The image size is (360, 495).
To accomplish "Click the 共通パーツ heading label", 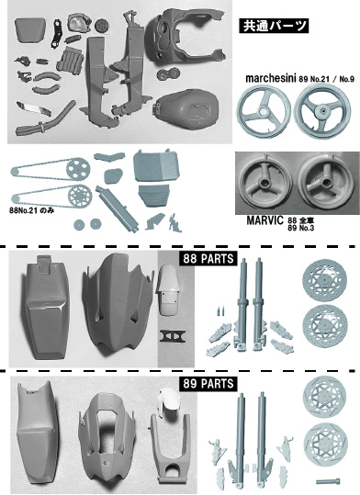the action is (x=274, y=26).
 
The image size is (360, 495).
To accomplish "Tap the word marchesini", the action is (x=271, y=78).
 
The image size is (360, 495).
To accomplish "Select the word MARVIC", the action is (x=264, y=220).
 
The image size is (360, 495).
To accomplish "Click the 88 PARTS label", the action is (x=208, y=259).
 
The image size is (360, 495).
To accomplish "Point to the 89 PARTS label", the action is (x=208, y=384).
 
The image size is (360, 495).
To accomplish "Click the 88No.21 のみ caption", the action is (x=31, y=210).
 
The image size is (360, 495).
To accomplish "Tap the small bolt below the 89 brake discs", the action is (x=329, y=481).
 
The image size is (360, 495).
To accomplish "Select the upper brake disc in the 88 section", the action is (x=324, y=280).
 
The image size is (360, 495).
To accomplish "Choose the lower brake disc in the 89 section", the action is (x=326, y=444).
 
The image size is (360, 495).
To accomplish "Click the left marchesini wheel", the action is (x=264, y=111).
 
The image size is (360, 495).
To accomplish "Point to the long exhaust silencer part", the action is (x=118, y=208).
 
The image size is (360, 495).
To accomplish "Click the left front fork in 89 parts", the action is (x=240, y=441).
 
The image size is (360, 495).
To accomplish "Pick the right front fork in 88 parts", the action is (x=260, y=303).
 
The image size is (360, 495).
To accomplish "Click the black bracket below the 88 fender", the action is (x=172, y=336).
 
